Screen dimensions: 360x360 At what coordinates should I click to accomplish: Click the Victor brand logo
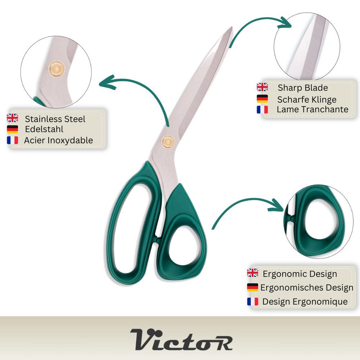point(181,339)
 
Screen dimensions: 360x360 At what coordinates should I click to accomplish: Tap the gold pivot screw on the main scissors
point(168,142)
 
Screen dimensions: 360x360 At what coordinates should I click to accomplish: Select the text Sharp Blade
point(303,88)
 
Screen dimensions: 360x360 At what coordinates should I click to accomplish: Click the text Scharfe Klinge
point(307,100)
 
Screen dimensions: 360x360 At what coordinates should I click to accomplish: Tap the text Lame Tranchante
point(312,109)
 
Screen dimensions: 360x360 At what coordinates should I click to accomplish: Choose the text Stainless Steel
point(55,119)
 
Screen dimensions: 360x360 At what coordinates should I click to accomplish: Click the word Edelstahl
point(44,129)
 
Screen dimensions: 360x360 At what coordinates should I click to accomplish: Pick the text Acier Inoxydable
point(59,140)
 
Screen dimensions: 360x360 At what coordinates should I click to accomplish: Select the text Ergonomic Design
point(300,274)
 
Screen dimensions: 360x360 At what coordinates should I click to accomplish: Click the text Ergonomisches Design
point(307,287)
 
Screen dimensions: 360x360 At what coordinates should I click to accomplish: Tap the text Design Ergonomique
point(305,301)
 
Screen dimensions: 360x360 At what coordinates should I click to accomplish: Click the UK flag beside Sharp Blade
point(262,87)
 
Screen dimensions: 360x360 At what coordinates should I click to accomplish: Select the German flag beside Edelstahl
point(12,129)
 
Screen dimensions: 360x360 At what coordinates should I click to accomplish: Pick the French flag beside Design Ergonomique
point(253,302)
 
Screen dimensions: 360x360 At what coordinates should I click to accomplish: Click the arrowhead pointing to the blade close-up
point(285,23)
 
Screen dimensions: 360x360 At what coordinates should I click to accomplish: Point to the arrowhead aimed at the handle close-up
point(276,205)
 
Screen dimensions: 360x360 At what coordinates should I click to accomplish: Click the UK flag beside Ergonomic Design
point(253,273)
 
